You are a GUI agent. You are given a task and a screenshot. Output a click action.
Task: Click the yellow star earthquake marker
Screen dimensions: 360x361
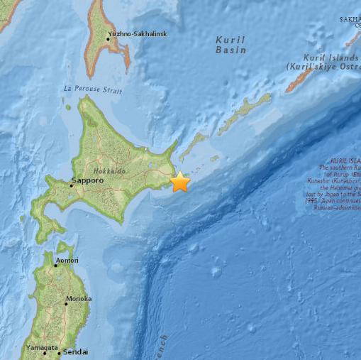181,182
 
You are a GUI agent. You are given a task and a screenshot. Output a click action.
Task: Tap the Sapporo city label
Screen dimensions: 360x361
87,181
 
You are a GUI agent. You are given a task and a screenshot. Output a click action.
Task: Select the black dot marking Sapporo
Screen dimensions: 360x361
71,187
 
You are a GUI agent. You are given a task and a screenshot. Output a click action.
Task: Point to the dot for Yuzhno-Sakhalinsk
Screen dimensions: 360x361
108,38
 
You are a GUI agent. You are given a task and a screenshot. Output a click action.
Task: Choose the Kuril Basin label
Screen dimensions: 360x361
231,45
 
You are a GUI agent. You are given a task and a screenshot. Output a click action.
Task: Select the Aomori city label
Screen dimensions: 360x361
68,261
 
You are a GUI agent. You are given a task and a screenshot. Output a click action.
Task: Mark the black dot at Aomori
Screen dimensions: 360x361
55,265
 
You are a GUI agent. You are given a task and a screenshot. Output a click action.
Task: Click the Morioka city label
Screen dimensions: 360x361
78,299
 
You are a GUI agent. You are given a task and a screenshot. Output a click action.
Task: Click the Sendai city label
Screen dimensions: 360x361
75,351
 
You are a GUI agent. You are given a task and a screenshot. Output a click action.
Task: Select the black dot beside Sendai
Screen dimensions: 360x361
59,353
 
